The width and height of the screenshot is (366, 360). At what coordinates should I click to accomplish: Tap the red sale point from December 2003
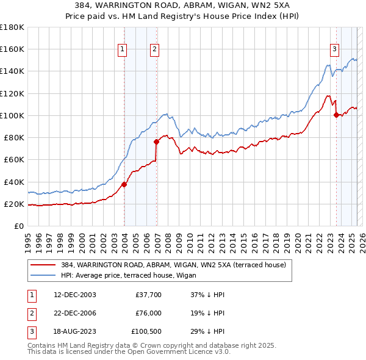124,184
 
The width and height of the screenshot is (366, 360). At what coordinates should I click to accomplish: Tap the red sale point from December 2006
157,142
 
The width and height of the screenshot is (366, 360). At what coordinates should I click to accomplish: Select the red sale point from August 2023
336,115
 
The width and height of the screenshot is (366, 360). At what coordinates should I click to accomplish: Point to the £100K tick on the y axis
13,115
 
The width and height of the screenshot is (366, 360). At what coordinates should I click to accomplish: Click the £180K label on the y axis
13,27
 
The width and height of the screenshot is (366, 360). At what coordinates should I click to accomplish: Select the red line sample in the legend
43,265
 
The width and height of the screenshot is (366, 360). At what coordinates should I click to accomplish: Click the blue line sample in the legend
43,275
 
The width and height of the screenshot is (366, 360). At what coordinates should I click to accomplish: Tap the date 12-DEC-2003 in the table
75,295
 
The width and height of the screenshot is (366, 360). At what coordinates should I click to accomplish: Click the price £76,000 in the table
148,314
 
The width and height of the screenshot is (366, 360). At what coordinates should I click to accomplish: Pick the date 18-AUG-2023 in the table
75,333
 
